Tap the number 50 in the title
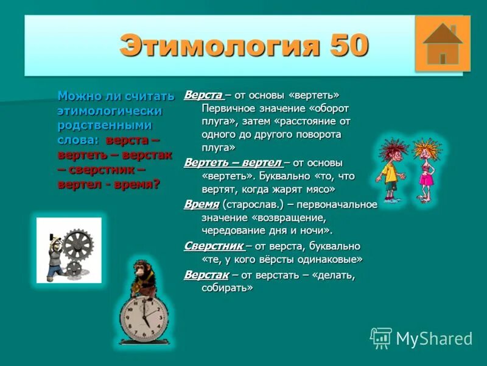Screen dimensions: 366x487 pos(349,46)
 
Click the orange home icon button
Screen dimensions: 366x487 pos(442,44)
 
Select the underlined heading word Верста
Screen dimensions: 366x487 pos(203,95)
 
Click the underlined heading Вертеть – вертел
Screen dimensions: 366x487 pos(233,163)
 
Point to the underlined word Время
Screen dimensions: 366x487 pos(201,204)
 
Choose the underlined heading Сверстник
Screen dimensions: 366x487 pos(214,246)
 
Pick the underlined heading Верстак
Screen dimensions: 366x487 pos(206,274)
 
